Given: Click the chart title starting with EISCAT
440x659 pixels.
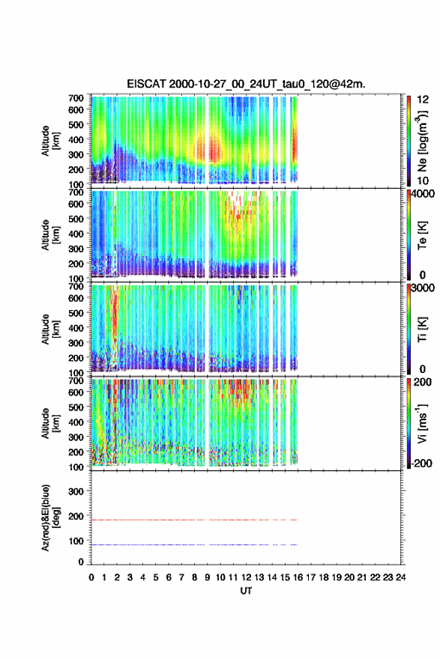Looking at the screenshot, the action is (246, 84).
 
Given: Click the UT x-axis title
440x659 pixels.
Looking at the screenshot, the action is (246, 591).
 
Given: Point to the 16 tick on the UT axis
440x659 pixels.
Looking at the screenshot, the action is (298, 577).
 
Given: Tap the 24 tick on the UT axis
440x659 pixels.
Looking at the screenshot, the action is (401, 577).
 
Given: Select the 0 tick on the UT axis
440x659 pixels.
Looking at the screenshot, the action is (91, 577).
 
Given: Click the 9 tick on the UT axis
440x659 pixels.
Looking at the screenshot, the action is (208, 577).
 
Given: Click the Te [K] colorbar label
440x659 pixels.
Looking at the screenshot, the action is (422, 235).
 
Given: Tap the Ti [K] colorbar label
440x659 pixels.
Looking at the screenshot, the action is (422, 329).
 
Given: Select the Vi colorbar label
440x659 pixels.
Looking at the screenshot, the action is (422, 423).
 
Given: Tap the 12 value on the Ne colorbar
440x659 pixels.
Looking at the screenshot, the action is (423, 100).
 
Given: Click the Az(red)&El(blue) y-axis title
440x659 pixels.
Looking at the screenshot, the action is (49, 517).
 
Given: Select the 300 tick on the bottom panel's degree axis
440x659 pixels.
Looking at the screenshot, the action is (76, 491).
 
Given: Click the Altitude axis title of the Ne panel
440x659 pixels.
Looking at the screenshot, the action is (49, 141).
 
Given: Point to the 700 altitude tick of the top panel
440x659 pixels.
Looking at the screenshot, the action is (76, 98).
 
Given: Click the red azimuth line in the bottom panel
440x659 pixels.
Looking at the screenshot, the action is (194, 520).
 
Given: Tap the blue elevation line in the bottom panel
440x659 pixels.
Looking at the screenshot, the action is (194, 544).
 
